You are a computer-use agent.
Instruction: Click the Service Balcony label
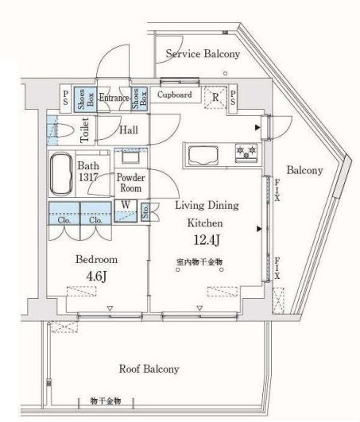tap(202, 54)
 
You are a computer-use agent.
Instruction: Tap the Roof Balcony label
tap(149, 369)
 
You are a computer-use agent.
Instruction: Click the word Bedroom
tap(96, 260)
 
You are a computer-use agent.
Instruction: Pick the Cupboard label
tap(173, 94)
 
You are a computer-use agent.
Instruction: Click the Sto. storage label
tap(145, 211)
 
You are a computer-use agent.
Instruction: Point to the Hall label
tap(130, 130)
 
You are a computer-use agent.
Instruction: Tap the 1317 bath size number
tap(88, 178)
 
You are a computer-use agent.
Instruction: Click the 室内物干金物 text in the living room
tap(200, 261)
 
